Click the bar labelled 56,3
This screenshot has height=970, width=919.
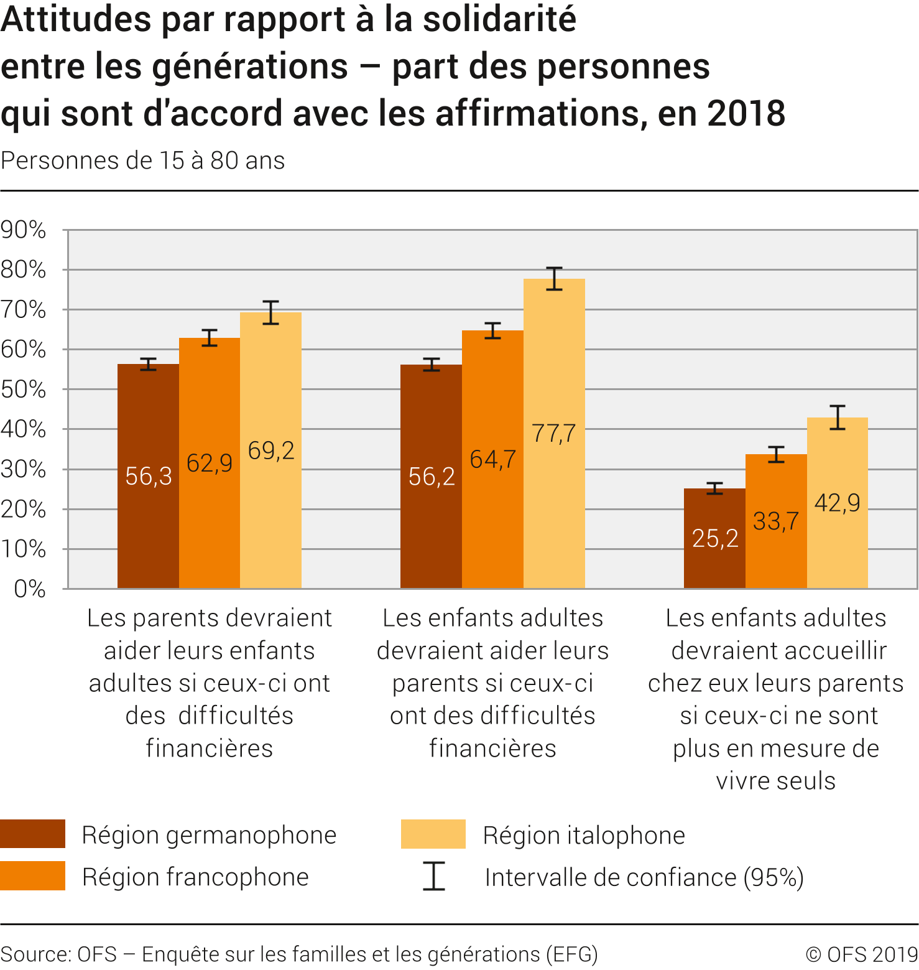point(148,476)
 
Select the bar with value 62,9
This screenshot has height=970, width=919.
point(210,463)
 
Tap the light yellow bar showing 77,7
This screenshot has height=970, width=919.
point(554,433)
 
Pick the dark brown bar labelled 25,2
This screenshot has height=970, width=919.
point(714,538)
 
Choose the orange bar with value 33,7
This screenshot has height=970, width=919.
point(776,521)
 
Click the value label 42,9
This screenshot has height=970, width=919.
point(837,503)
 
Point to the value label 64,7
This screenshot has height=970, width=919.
point(492,460)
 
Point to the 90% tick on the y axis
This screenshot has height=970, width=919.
point(24,230)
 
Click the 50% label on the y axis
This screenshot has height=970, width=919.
point(24,389)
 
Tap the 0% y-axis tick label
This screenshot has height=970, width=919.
point(30,589)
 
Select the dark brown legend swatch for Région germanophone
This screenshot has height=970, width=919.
point(32,834)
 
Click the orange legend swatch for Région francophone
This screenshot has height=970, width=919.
point(32,875)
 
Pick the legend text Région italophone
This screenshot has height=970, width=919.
point(584,835)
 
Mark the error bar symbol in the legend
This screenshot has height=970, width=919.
point(434,876)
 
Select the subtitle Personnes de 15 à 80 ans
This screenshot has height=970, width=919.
point(143,161)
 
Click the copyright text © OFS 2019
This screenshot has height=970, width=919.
point(862,954)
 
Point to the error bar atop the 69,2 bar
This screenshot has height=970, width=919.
point(270,312)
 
